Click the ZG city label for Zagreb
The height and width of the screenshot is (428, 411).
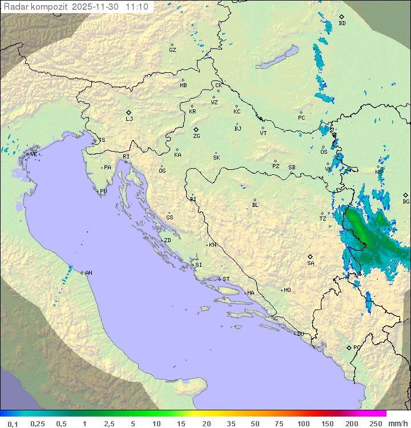pyautogui.click(x=196, y=136)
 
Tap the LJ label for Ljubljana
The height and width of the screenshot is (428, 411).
pyautogui.click(x=129, y=119)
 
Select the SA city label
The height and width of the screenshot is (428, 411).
pyautogui.click(x=311, y=263)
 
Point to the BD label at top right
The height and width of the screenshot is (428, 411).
pyautogui.click(x=342, y=23)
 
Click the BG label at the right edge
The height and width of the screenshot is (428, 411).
pyautogui.click(x=406, y=201)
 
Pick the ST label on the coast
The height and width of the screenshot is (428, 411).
pyautogui.click(x=226, y=279)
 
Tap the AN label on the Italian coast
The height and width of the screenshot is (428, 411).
pyautogui.click(x=88, y=273)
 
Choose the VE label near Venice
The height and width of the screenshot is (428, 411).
pyautogui.click(x=34, y=154)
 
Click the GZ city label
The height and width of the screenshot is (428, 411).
pyautogui.click(x=172, y=50)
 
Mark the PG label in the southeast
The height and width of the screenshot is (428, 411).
pyautogui.click(x=357, y=347)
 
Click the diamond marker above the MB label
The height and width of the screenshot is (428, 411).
pyautogui.click(x=183, y=80)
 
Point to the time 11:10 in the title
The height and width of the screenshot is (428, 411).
pyautogui.click(x=138, y=7)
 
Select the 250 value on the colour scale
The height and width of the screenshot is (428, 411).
pyautogui.click(x=376, y=423)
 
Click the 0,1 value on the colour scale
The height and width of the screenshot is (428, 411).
pyautogui.click(x=13, y=423)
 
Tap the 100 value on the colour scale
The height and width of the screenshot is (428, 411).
pyautogui.click(x=303, y=423)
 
